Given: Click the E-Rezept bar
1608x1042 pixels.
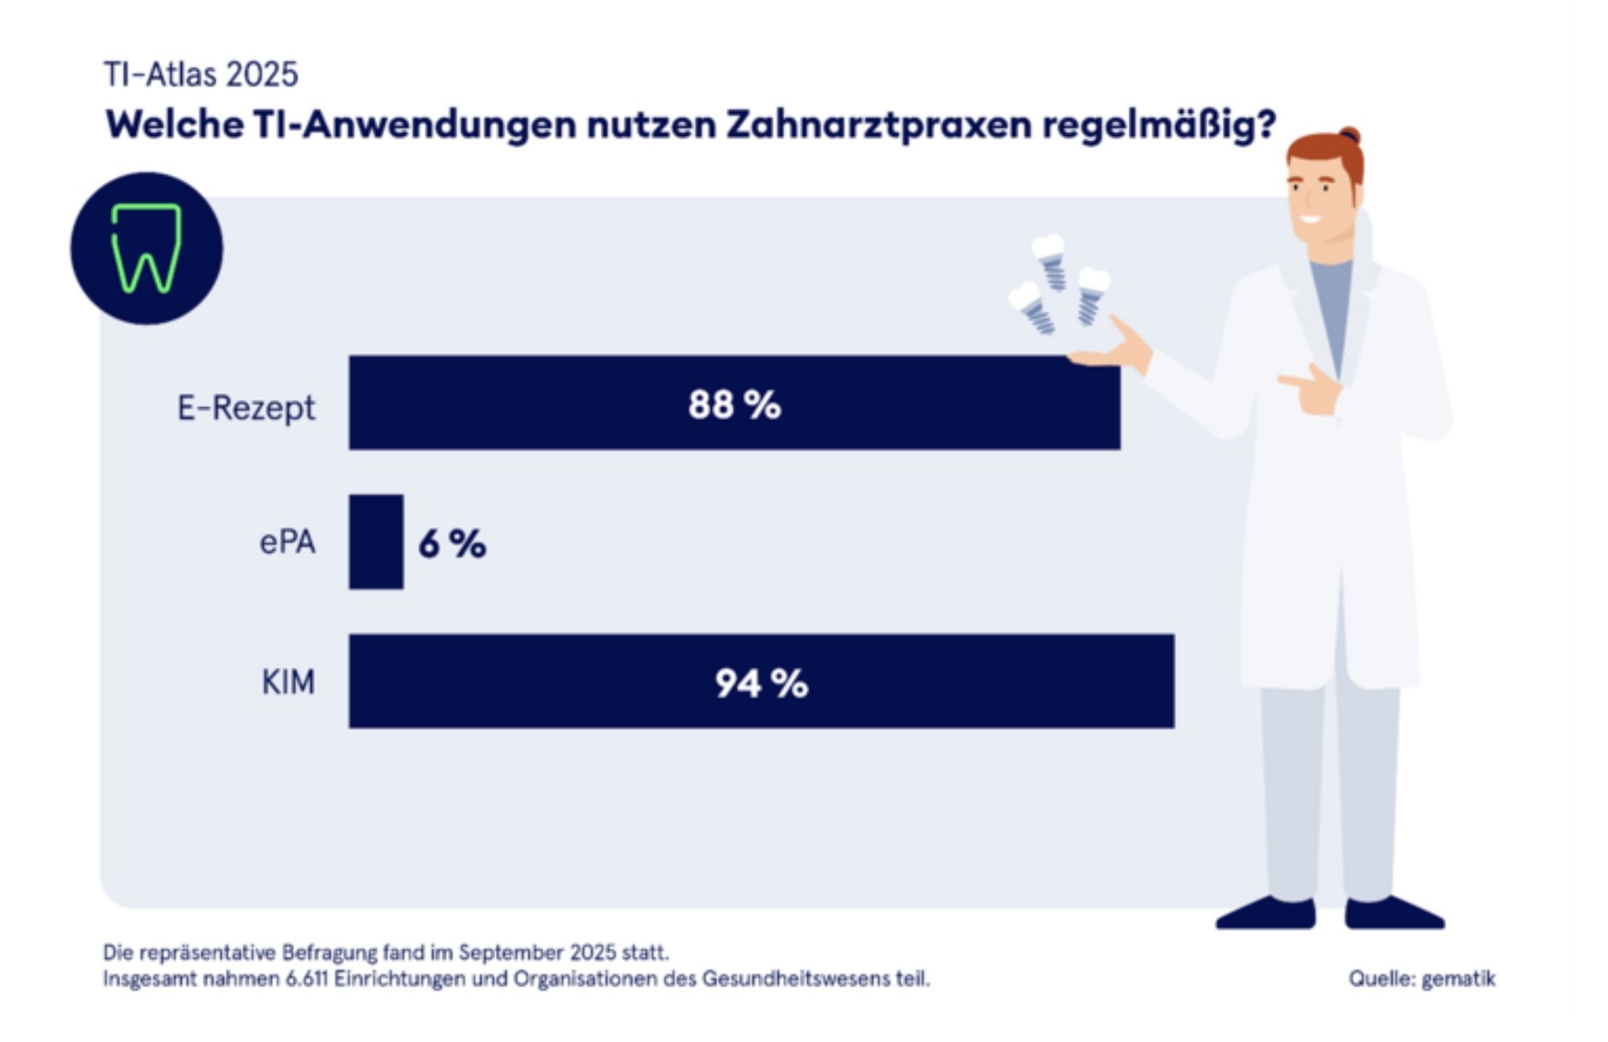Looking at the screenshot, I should pyautogui.click(x=553, y=403).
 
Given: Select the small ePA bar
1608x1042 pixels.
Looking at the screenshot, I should pyautogui.click(x=376, y=542).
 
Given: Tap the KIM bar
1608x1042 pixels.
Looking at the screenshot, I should pyautogui.click(x=553, y=681).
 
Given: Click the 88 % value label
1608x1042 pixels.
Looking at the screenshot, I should pyautogui.click(x=734, y=405).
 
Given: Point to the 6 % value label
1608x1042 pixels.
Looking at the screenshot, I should pyautogui.click(x=452, y=544).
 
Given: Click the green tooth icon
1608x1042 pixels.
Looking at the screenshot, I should pyautogui.click(x=147, y=249).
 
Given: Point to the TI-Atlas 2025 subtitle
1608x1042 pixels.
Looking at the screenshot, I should pyautogui.click(x=201, y=75).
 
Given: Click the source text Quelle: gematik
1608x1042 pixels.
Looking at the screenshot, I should pyautogui.click(x=1422, y=979).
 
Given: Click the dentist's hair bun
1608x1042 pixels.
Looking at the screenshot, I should pyautogui.click(x=1349, y=135).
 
